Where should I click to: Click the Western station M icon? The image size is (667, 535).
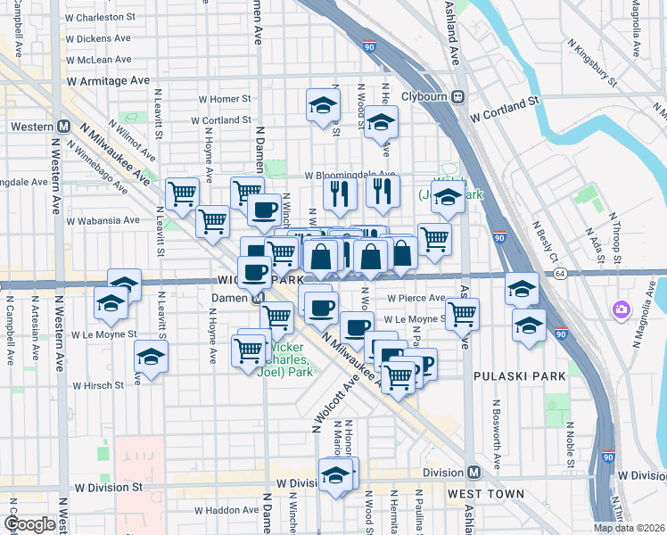pos(63,127)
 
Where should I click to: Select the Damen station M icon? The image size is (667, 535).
pos(257,298)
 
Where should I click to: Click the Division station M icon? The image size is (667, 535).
pos(473,472)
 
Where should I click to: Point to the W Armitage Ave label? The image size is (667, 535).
pos(108,80)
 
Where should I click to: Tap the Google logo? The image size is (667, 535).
pos(29,524)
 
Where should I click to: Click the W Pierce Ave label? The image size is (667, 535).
pos(416,299)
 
